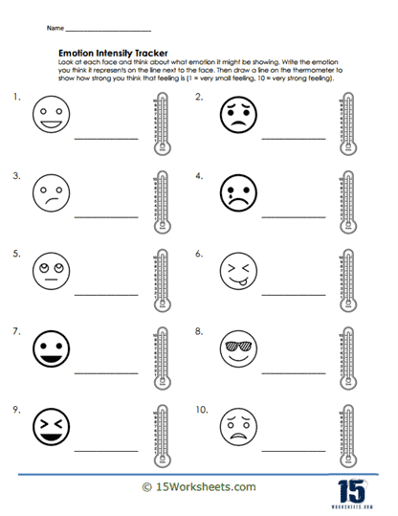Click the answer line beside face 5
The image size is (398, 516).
[105, 294]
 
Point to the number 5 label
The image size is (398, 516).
[15, 254]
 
